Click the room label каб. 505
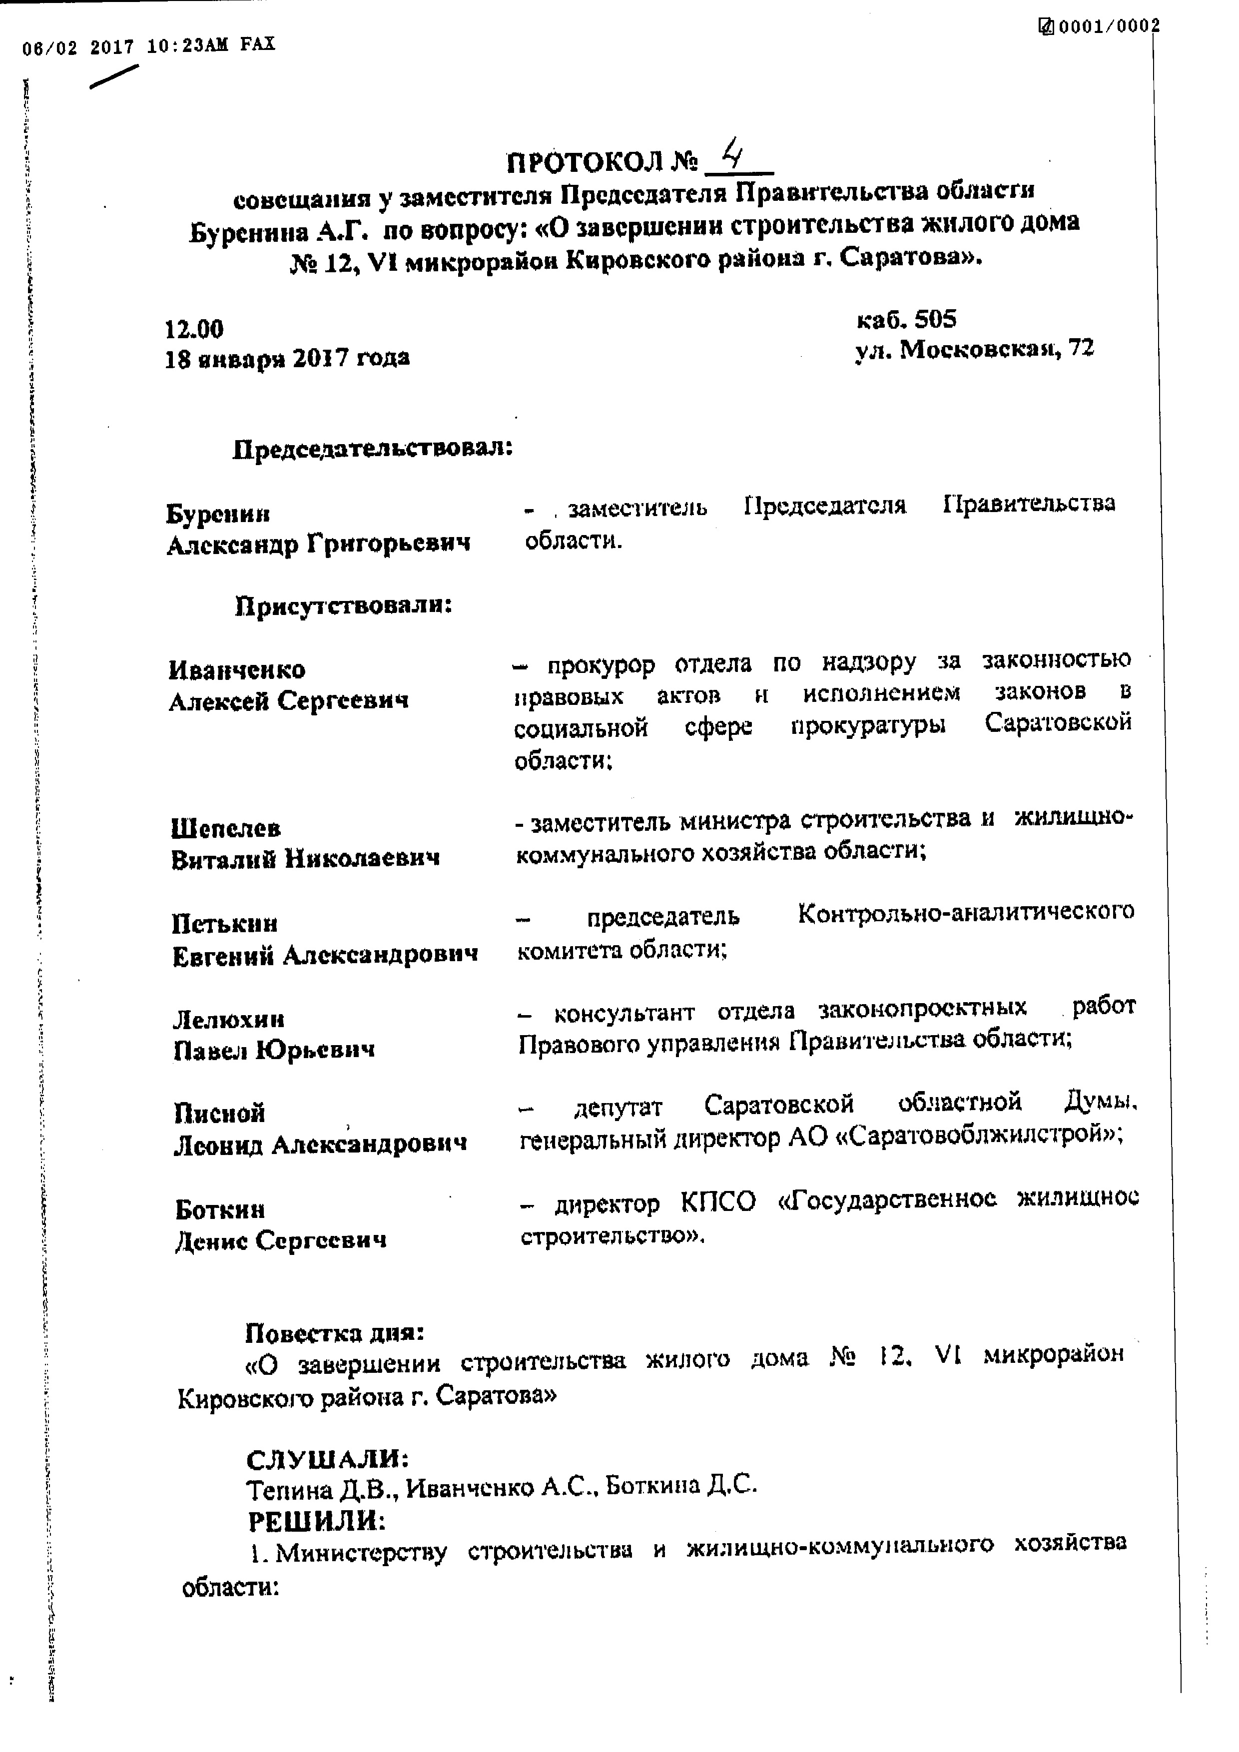click(x=906, y=319)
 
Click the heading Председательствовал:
click(x=372, y=449)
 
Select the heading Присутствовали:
click(x=343, y=606)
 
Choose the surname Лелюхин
click(x=229, y=1020)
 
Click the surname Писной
click(x=220, y=1114)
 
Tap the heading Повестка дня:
click(x=334, y=1333)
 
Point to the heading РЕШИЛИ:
click(x=317, y=1522)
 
